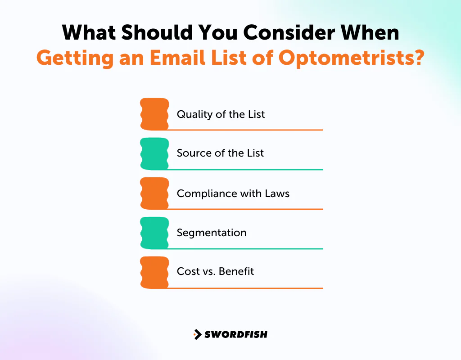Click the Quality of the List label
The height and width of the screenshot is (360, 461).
221,114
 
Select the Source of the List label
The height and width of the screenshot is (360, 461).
220,153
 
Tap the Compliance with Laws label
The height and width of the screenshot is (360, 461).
233,193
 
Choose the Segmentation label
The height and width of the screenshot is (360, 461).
211,233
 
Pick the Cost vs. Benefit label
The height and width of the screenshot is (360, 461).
215,271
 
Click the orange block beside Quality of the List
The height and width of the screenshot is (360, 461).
154,114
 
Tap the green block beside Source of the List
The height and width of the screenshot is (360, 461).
154,153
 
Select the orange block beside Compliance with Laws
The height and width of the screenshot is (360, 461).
154,193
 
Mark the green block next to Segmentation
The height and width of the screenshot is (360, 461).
154,233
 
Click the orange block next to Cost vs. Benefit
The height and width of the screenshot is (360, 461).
154,272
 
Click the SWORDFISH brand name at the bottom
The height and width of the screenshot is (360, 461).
236,334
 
